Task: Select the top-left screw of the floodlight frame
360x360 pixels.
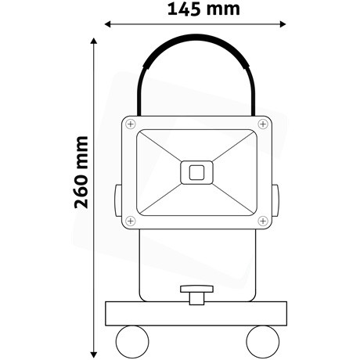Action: pos(130,124)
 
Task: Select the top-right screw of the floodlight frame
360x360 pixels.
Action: pos(262,124)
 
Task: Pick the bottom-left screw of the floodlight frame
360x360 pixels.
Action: pos(130,221)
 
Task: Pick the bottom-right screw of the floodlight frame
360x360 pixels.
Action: pos(262,221)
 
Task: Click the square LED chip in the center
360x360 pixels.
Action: pos(196,172)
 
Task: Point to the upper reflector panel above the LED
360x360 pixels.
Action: pos(196,145)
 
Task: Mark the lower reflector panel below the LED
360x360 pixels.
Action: pos(196,201)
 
